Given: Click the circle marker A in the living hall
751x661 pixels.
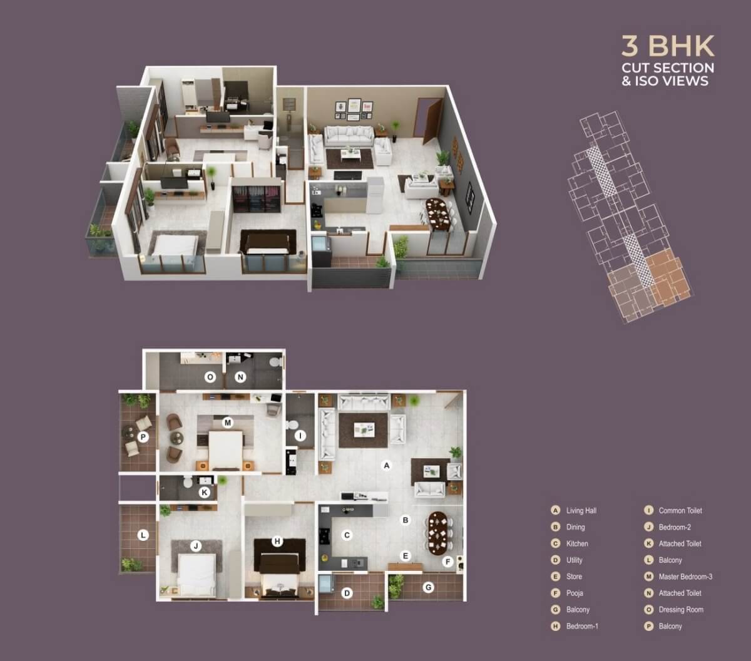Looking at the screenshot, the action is coord(387,465).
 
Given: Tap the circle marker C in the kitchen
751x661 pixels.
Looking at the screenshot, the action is coord(347,535).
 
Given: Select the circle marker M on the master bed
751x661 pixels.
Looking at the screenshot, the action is coord(228,423).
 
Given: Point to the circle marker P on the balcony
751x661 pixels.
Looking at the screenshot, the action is coord(143,437).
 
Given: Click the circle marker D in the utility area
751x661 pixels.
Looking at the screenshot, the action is coord(347,593).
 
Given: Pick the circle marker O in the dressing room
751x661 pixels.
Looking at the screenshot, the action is coord(210,377).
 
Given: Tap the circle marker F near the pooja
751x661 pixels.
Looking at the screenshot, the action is coord(447,562).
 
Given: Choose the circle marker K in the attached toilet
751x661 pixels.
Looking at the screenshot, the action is coord(204,493).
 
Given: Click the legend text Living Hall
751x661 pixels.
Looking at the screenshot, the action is coord(581,511).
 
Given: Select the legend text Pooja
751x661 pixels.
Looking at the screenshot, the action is coord(575,593).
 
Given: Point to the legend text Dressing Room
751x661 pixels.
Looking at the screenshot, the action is coord(681,610).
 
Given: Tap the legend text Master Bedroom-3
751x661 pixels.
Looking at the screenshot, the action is coord(685,576).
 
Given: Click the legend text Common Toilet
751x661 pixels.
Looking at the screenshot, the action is coord(680,511).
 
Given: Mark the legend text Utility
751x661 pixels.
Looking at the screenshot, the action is coord(574,560).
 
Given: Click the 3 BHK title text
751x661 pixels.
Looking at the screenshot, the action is coord(668,46).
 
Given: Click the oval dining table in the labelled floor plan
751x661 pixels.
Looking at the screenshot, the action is coord(439,533).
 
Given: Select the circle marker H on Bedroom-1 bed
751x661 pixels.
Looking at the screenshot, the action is coord(277,541).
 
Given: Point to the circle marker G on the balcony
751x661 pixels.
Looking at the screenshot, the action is coord(429,587).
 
